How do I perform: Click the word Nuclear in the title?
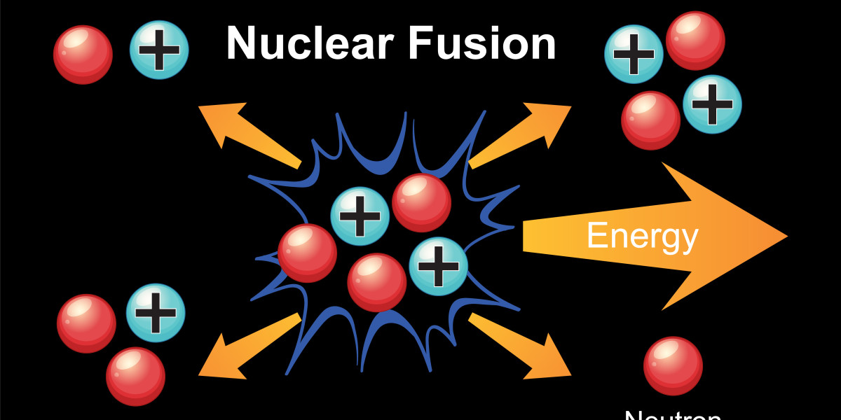[313, 43]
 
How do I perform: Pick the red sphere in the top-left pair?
[83, 55]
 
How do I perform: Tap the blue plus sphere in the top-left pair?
[159, 50]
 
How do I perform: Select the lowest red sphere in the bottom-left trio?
[135, 377]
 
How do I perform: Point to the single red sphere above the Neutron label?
[673, 366]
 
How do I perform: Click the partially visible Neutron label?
[673, 414]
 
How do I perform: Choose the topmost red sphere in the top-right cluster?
[695, 41]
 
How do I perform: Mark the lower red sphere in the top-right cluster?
[650, 120]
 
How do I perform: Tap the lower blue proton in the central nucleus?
[438, 266]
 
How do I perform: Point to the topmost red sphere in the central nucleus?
[421, 203]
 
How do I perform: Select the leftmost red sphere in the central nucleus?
[307, 253]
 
